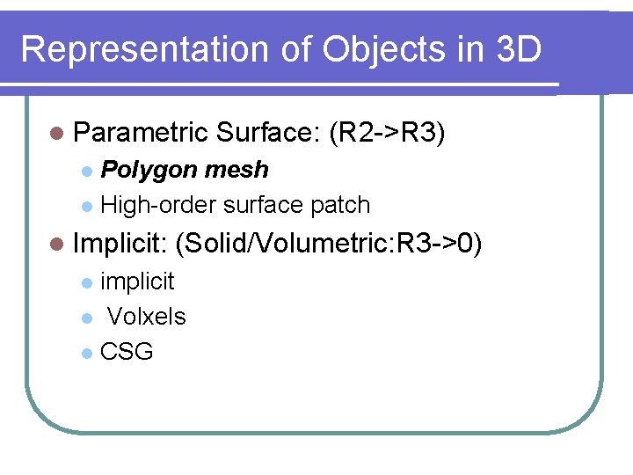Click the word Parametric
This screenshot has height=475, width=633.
[140, 134]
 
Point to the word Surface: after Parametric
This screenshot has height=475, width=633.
[266, 134]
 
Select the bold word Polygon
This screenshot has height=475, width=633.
[143, 170]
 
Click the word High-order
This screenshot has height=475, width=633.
[159, 205]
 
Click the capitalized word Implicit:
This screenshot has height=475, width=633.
[120, 244]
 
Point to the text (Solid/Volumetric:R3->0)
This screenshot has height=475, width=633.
[329, 244]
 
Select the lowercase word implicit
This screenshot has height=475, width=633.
[137, 281]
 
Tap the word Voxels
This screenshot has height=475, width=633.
[146, 317]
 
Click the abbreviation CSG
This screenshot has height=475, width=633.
[127, 352]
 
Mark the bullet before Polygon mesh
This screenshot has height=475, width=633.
[85, 171]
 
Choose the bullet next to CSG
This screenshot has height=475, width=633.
[85, 353]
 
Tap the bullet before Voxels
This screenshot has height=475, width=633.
[85, 318]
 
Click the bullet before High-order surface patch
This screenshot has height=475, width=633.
[85, 206]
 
